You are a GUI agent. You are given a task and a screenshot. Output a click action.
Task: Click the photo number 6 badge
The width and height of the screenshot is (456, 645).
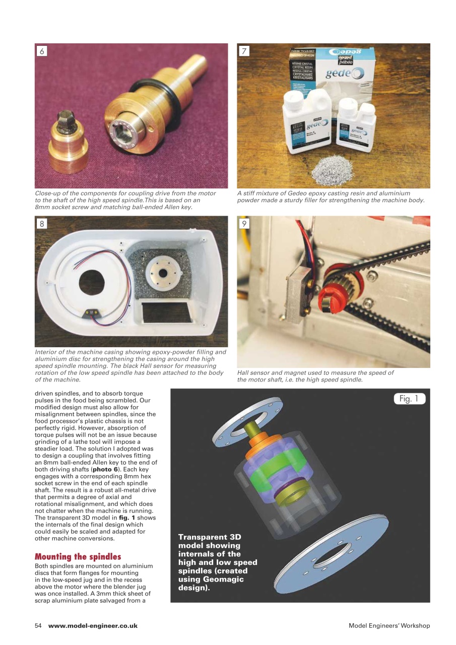click(x=42, y=51)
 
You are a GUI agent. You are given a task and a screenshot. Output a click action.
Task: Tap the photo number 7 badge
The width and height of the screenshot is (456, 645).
click(x=244, y=51)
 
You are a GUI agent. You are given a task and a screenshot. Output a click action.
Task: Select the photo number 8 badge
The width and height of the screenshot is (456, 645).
click(x=42, y=224)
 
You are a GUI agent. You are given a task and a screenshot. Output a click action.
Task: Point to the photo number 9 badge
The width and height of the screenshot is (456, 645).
click(x=244, y=224)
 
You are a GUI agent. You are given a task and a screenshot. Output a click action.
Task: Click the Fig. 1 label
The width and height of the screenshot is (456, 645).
click(x=409, y=399)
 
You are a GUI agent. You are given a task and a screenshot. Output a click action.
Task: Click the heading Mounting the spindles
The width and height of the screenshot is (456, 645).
click(x=78, y=557)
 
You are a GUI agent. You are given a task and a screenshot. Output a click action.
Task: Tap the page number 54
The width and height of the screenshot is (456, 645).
click(x=38, y=626)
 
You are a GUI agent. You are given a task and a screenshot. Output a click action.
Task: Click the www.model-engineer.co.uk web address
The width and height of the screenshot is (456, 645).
click(x=93, y=626)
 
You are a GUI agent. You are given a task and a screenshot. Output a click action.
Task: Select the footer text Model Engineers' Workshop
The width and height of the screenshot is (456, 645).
click(x=389, y=626)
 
